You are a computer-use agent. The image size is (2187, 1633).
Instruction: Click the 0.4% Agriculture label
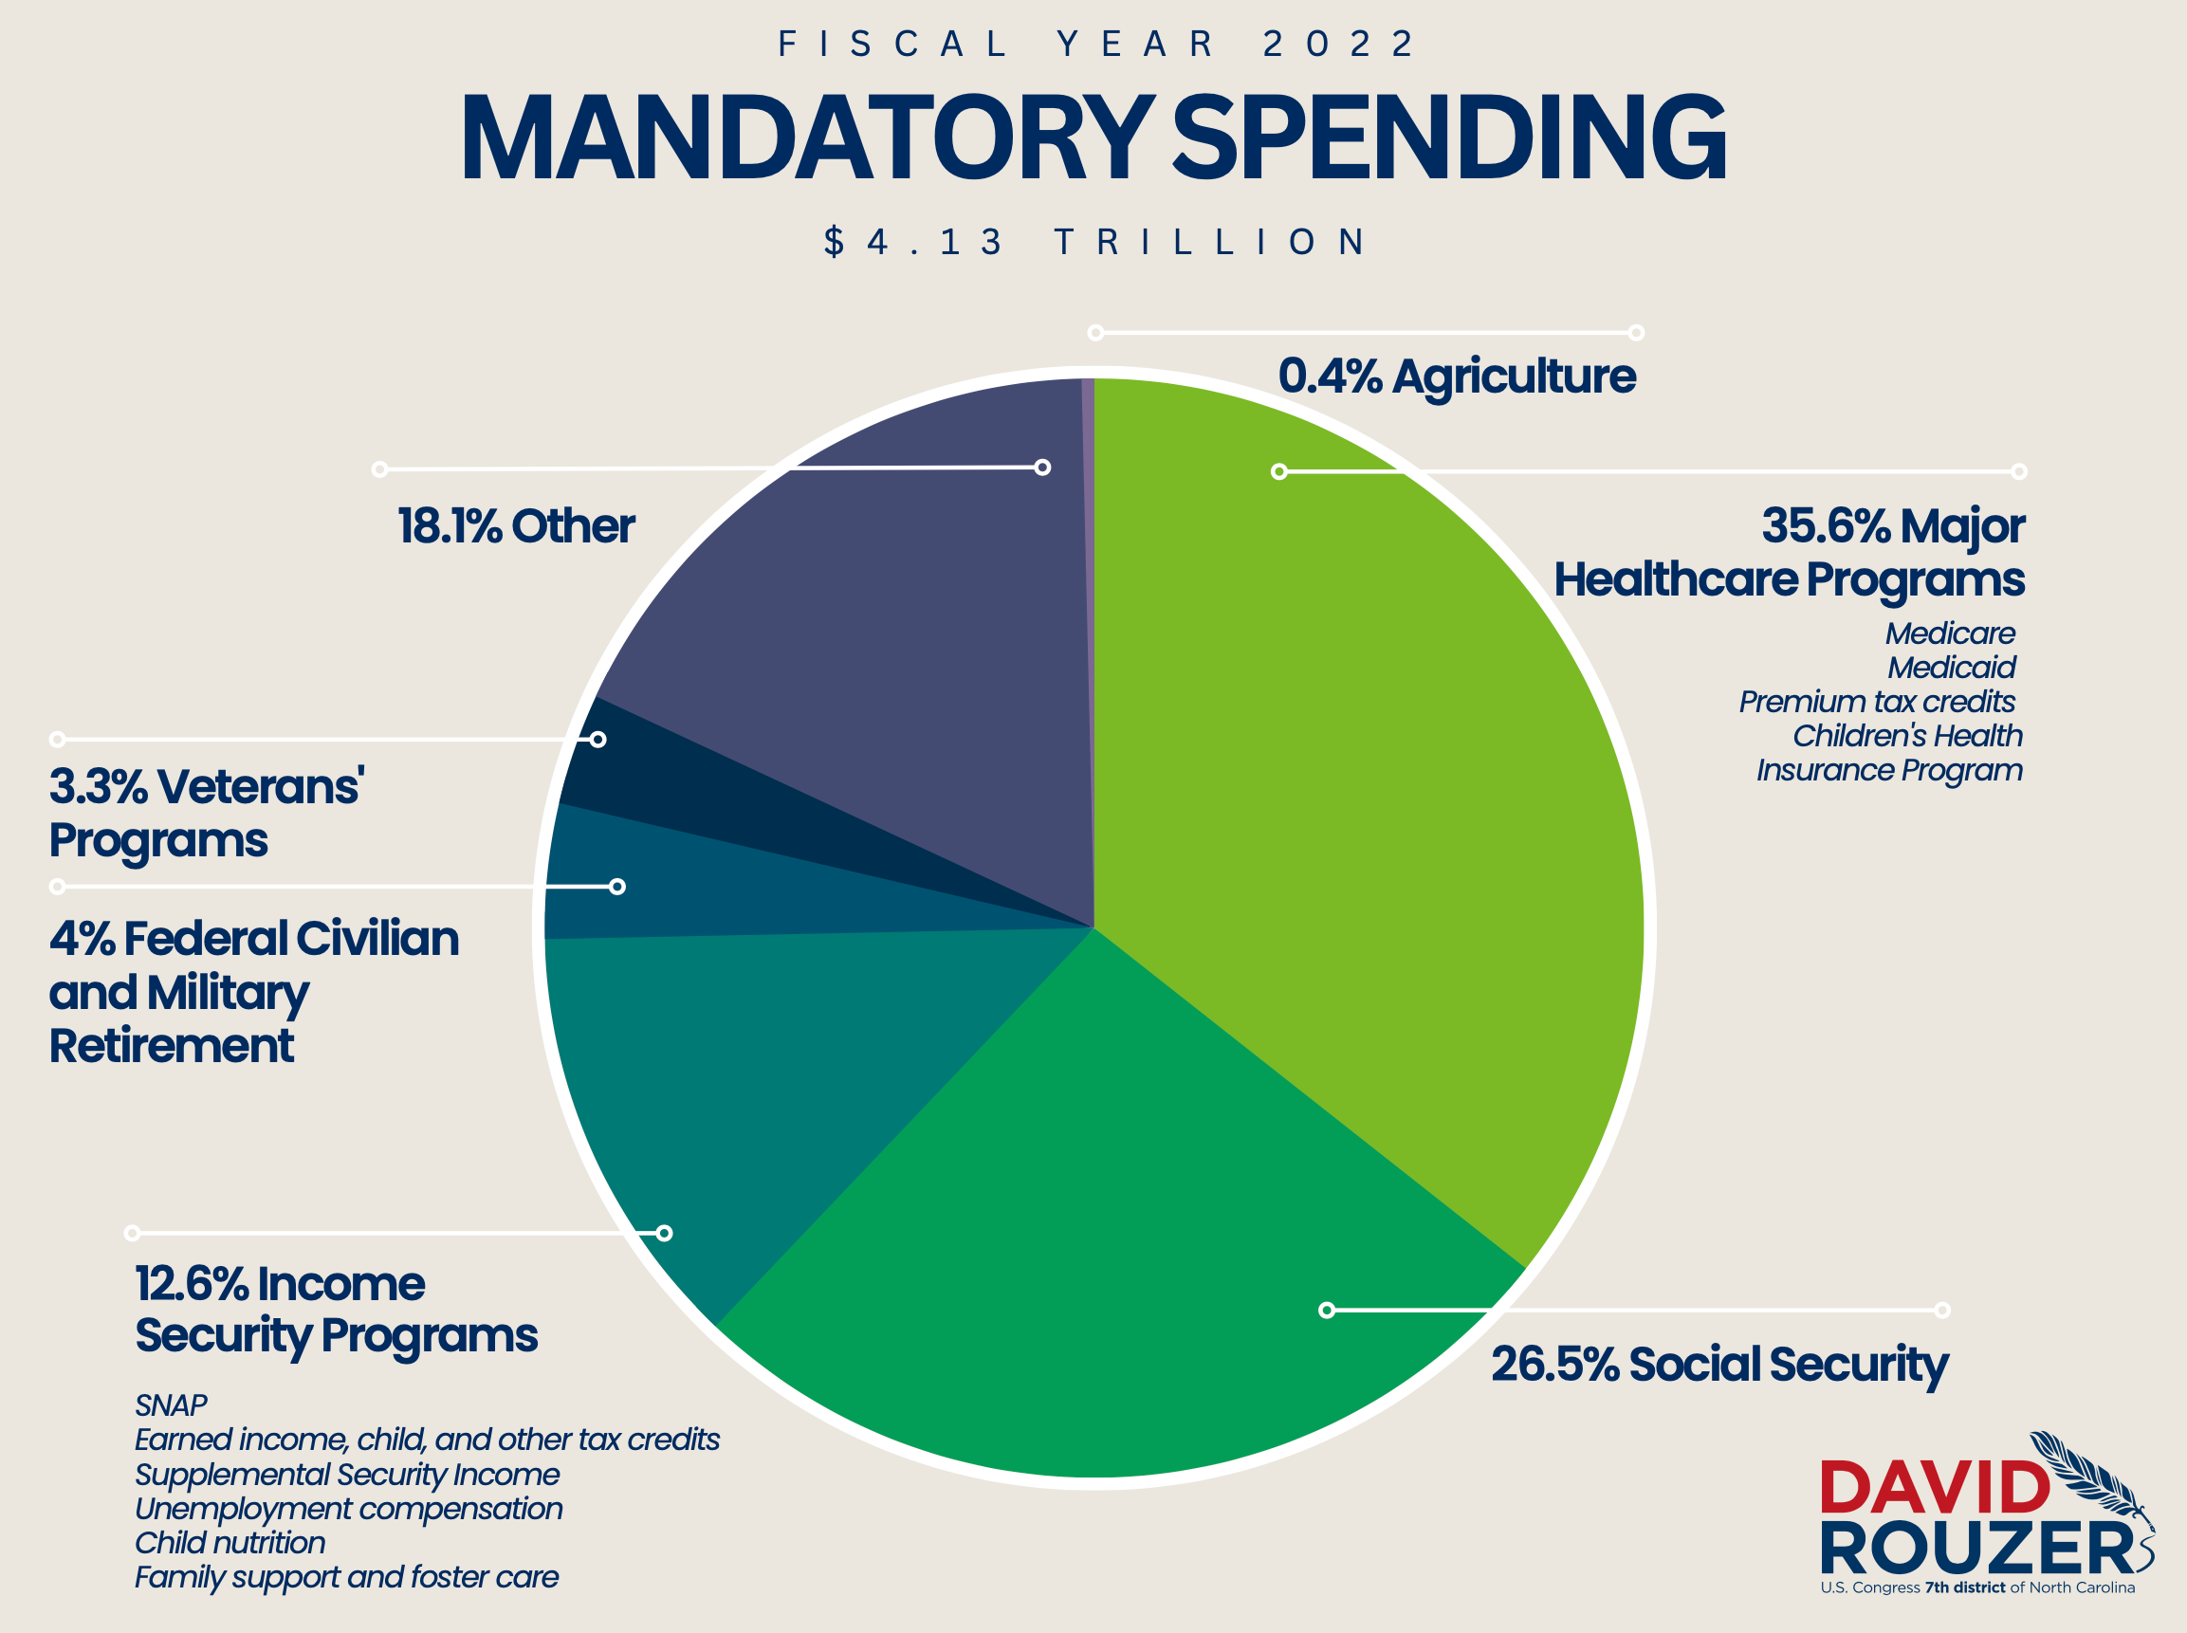(1457, 376)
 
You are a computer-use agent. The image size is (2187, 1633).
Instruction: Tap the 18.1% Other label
(515, 526)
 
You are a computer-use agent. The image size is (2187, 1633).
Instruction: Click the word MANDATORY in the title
(806, 138)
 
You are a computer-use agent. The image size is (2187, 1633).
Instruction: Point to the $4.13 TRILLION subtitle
(1095, 242)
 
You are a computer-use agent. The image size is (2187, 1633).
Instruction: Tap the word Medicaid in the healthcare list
(1951, 669)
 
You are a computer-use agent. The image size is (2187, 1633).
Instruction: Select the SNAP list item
(171, 1404)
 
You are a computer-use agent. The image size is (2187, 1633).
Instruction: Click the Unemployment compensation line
(348, 1509)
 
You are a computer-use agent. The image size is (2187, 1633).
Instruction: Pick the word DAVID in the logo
(1934, 1487)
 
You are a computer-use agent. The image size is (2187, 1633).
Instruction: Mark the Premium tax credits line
(1876, 702)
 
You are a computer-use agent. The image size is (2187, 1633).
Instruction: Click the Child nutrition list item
(230, 1543)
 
